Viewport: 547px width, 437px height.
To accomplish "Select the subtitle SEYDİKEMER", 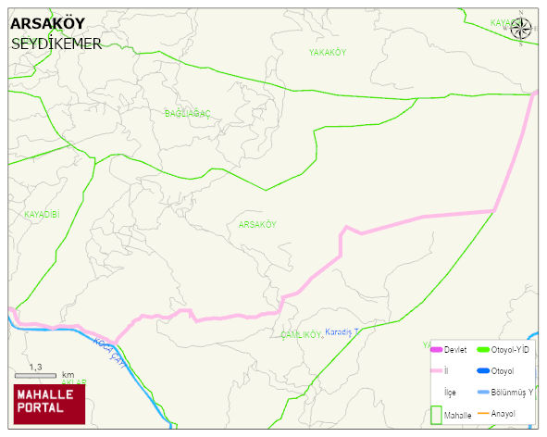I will (x=56, y=44).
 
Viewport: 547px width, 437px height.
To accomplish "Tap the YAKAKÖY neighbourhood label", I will (x=327, y=53).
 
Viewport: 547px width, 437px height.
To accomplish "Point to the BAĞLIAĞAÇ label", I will (x=188, y=113).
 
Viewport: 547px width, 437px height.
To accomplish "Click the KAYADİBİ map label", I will (x=41, y=214).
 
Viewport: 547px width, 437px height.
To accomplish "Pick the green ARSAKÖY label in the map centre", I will (x=257, y=225).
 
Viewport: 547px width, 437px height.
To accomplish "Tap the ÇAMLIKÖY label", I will (x=301, y=334).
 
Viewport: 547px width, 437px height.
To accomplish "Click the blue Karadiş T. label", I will (x=342, y=331).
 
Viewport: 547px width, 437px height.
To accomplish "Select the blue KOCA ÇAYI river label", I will (x=109, y=355).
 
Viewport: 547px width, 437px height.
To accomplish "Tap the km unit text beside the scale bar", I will (x=68, y=375).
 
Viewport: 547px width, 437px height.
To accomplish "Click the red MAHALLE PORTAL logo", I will (x=48, y=401).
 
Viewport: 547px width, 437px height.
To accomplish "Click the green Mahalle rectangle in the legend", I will (x=436, y=414).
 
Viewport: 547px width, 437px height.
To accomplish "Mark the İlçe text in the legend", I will (x=451, y=393).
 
